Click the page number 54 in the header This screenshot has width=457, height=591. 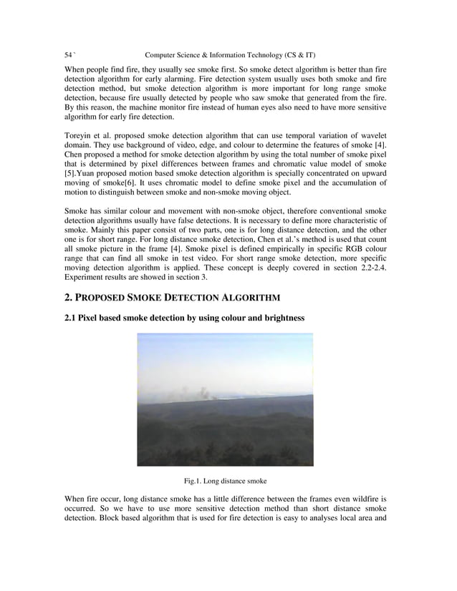[x=69, y=55]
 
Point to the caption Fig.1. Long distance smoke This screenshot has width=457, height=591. [x=226, y=481]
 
